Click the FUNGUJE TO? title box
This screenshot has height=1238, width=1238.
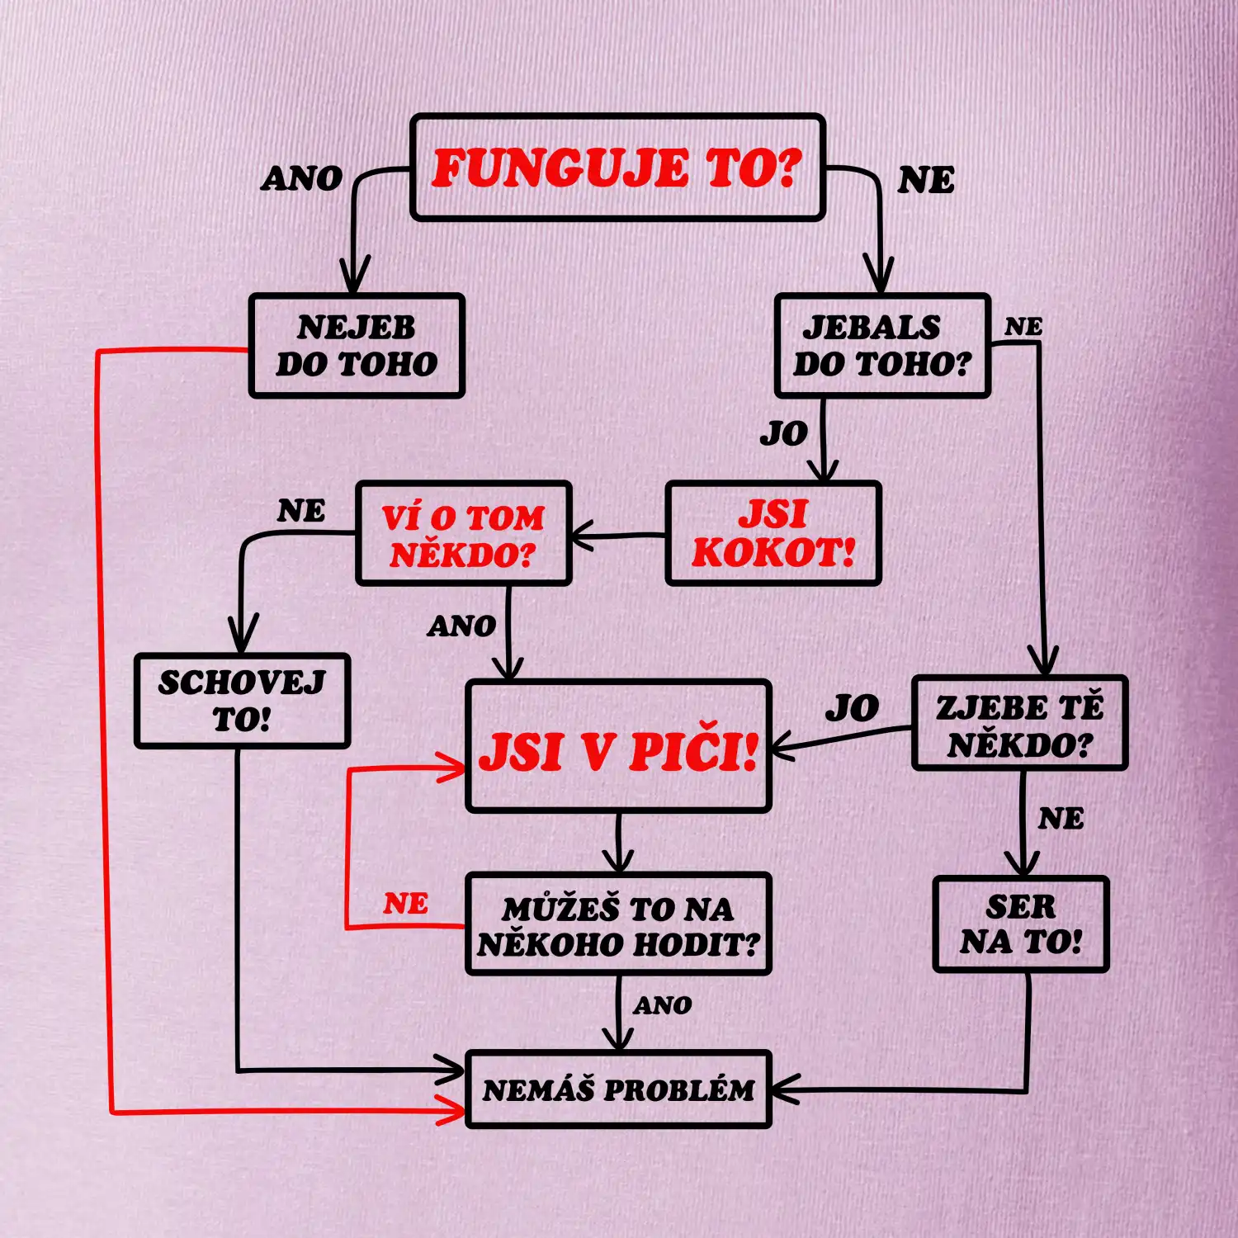(x=617, y=168)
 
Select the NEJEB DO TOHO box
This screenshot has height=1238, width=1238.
(x=357, y=346)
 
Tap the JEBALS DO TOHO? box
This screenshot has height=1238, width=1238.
(x=882, y=346)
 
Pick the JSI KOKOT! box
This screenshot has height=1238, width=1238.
(x=773, y=534)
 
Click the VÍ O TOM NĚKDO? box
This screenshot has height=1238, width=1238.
(x=464, y=534)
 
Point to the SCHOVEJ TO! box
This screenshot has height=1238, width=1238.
(x=242, y=701)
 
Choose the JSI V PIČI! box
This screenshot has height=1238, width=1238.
(x=618, y=746)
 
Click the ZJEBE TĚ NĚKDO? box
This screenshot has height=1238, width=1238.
(x=1019, y=723)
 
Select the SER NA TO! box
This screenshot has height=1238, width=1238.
(x=1021, y=924)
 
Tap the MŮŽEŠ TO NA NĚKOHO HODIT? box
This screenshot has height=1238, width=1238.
(x=618, y=924)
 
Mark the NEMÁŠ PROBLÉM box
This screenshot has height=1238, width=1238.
(x=618, y=1089)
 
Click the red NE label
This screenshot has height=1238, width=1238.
(x=405, y=904)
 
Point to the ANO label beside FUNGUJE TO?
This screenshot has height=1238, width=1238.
(x=302, y=178)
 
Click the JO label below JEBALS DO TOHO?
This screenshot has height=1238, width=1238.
(x=784, y=433)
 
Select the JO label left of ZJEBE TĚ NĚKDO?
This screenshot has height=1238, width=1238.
(x=853, y=708)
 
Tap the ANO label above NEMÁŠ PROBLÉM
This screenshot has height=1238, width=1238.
(x=663, y=1005)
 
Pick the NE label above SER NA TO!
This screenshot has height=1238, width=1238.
(x=1061, y=819)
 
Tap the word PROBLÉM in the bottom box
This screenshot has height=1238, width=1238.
(x=679, y=1090)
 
